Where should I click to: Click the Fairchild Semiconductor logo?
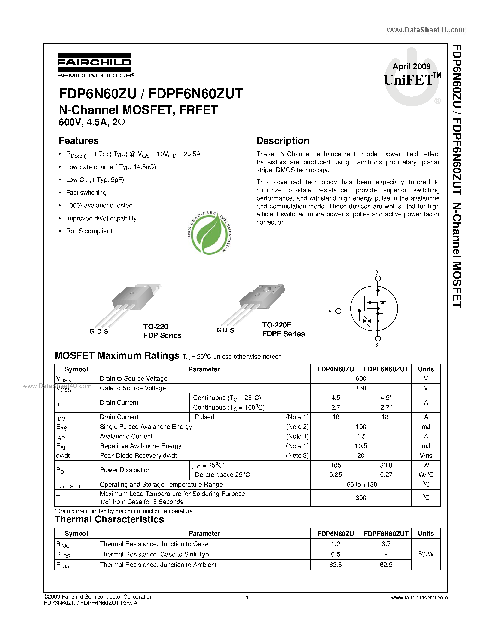coord(95,65)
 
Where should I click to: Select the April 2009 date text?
coord(411,66)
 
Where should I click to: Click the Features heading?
coord(79,141)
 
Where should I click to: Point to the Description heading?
coord(283,141)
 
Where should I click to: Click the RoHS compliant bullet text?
coord(89,231)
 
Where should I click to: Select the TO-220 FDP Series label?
coord(162,331)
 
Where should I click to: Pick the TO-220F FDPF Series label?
coord(283,329)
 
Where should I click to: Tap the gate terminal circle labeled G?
coord(338,311)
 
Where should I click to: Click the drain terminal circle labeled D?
coord(378,278)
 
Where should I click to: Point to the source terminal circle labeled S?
coord(378,339)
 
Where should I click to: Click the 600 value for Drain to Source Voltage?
coord(361,379)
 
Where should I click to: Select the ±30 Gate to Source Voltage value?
coord(361,388)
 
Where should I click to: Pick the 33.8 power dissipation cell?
coord(386,465)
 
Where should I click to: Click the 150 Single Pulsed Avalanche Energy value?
coord(361,427)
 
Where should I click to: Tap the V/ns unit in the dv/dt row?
coord(426,455)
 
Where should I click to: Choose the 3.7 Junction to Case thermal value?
coord(386,544)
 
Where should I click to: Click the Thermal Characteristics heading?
coord(109,519)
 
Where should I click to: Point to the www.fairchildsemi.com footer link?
coord(419,598)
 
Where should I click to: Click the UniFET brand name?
coord(408,80)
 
